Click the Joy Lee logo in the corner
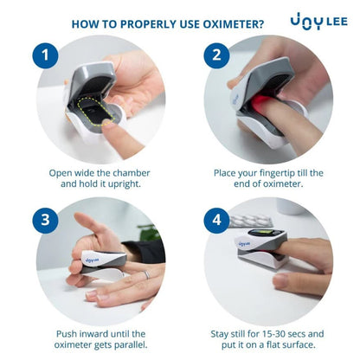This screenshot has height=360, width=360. coord(318,22)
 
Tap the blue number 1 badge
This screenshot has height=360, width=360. coord(45,55)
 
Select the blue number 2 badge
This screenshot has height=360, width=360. coord(216,55)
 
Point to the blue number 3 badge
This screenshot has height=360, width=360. coord(45,220)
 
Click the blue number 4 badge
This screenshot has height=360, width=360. coord(216,220)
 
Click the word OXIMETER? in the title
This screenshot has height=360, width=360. coord(234,24)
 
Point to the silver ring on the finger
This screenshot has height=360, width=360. coord(147,274)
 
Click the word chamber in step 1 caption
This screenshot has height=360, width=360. coord(132,173)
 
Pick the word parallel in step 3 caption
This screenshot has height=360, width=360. coord(131,344)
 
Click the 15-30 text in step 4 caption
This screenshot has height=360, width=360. coord(274,334)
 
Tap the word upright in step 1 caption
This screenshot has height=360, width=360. coord(125,184)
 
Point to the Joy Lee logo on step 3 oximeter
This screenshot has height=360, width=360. coord(92,260)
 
